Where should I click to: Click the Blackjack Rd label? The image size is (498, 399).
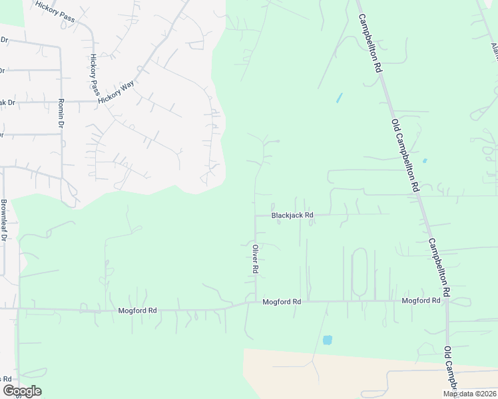tap(292, 215)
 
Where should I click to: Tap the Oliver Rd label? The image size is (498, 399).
tap(254, 259)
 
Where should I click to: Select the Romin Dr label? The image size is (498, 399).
tap(61, 114)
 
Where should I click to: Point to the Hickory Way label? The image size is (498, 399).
tap(116, 92)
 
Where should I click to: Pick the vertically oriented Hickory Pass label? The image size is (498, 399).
tap(93, 72)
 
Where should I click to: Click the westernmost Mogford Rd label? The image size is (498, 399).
tap(137, 311)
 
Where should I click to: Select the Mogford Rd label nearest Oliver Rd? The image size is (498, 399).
tap(282, 302)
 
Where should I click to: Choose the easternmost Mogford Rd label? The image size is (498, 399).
tap(421, 301)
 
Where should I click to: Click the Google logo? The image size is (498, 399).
tap(22, 391)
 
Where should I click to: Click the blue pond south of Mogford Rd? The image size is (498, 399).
tap(327, 340)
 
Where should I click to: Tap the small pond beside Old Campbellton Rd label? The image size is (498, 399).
tap(424, 160)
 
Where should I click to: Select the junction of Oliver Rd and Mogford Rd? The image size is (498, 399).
tap(256, 302)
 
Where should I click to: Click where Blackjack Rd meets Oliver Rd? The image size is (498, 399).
tap(255, 215)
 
